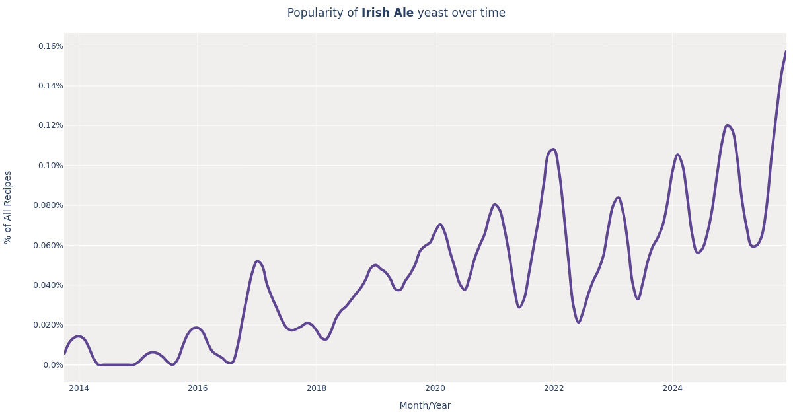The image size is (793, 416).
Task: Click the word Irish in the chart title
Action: click(x=374, y=13)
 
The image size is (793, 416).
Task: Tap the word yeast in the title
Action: click(x=433, y=13)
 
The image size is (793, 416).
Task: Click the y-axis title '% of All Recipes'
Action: click(x=8, y=207)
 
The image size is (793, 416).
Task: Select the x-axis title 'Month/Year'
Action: click(x=425, y=405)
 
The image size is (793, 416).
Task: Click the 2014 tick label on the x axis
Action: click(x=79, y=388)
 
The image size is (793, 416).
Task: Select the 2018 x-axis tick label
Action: click(x=317, y=388)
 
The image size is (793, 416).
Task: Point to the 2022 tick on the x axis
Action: click(x=554, y=388)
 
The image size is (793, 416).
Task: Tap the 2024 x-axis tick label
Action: click(x=673, y=388)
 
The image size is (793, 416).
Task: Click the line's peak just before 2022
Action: click(x=553, y=149)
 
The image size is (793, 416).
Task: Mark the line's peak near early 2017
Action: click(x=258, y=261)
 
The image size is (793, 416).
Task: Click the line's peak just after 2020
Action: click(x=440, y=225)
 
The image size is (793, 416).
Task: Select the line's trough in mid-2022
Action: click(x=578, y=322)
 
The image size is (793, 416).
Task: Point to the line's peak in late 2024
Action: click(x=727, y=125)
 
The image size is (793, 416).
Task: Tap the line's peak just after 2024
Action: click(x=677, y=155)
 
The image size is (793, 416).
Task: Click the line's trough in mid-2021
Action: click(x=519, y=307)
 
